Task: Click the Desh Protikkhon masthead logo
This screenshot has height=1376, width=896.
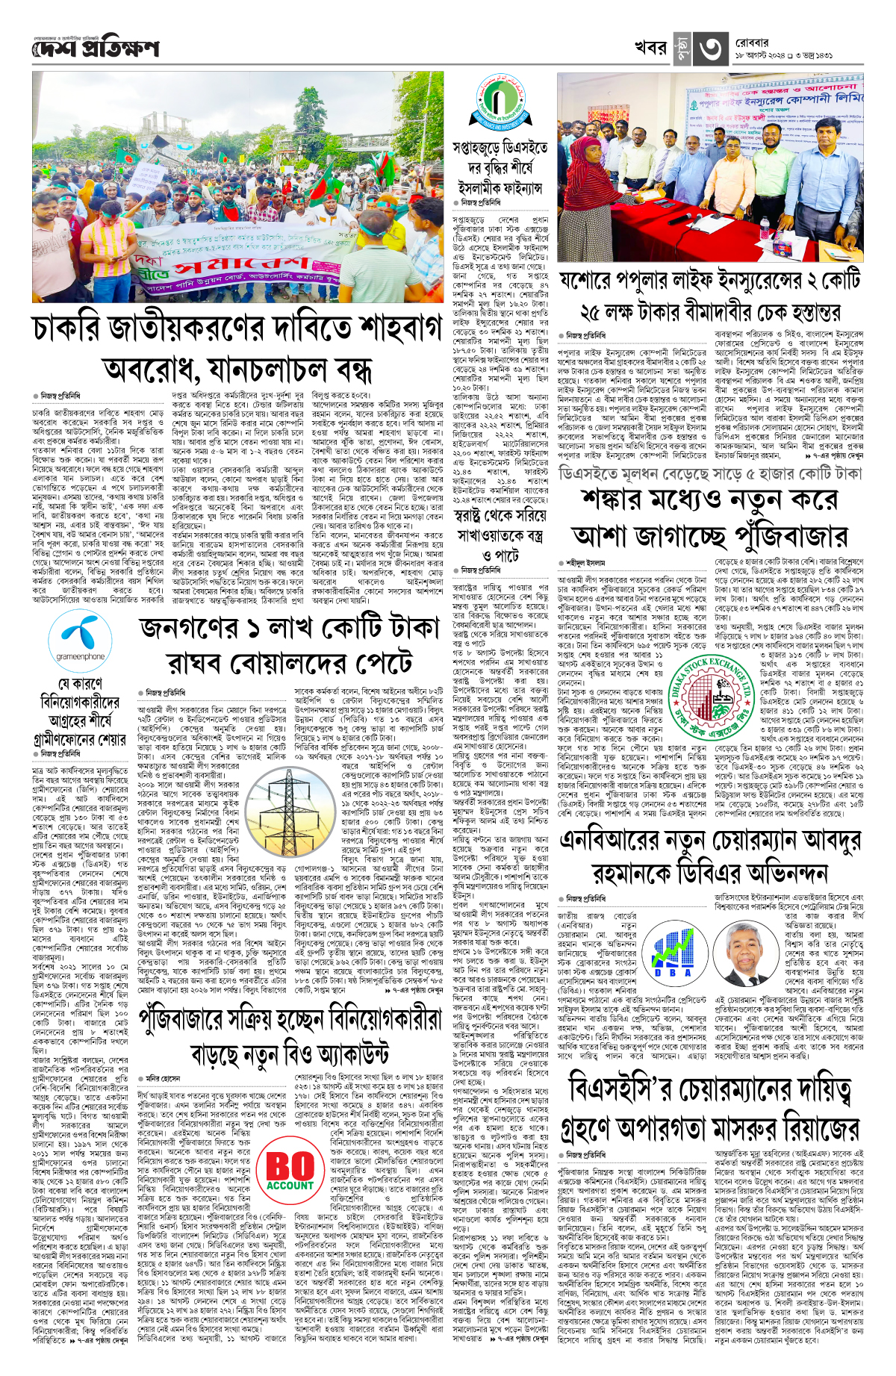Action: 96,49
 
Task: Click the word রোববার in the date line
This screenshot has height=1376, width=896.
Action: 751,43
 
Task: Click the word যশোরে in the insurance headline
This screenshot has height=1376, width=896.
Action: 594,281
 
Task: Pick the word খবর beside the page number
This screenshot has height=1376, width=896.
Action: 650,48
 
